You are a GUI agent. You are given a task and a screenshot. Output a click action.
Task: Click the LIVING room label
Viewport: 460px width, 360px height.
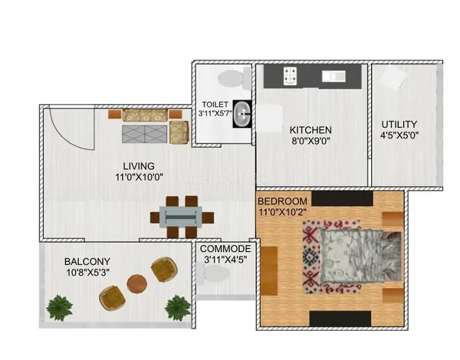pos(139,166)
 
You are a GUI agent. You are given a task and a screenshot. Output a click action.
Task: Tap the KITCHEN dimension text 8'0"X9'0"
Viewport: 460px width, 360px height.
pos(310,141)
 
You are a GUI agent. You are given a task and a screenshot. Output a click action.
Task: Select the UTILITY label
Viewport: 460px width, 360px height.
pos(399,125)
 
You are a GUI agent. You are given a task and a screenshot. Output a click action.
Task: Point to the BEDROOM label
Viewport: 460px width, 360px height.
pos(282,201)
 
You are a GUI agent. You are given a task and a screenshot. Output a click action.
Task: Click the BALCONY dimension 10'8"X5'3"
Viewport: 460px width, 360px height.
pos(87,273)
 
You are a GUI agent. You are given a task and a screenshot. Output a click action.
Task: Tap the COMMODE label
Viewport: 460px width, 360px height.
pos(225,249)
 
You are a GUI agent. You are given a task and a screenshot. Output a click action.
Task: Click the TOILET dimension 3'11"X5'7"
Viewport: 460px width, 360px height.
pos(215,113)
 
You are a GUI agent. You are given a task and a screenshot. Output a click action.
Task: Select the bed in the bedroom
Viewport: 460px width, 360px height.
pos(360,257)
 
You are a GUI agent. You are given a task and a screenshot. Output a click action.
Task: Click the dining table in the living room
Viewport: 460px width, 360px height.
pos(180,217)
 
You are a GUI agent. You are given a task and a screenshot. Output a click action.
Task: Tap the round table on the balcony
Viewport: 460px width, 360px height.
pos(137,284)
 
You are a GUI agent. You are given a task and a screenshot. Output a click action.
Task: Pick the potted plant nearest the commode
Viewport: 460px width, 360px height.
pos(178,308)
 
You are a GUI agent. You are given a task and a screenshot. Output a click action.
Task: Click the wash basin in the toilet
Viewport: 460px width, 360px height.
pos(242,114)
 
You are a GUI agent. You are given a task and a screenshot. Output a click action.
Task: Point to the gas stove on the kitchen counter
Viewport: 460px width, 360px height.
pos(290,77)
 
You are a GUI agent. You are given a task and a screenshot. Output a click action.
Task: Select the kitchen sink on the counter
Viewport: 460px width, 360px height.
pos(333,77)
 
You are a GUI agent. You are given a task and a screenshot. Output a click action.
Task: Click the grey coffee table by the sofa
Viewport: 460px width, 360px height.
pos(144,134)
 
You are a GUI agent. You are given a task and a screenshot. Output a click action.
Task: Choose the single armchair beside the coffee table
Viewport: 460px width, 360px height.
pos(179,132)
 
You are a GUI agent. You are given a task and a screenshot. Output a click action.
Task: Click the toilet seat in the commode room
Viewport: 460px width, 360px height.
pos(214,273)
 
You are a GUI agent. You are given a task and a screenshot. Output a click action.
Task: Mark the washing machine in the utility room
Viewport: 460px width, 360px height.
pos(393,77)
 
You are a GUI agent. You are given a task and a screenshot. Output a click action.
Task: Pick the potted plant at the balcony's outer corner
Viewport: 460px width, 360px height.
pos(60,308)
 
